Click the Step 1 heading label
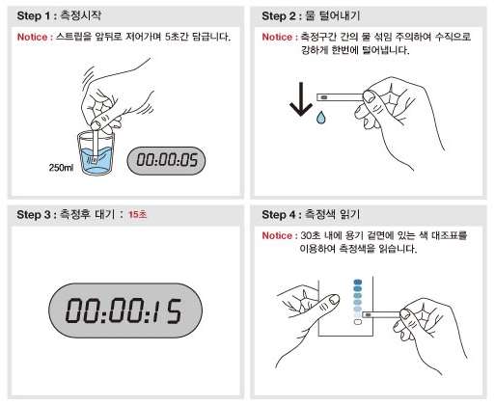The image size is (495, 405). click(x=59, y=15)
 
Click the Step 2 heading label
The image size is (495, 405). click(x=311, y=15)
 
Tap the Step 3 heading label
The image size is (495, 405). click(x=66, y=214)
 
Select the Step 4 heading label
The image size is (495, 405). click(x=311, y=214)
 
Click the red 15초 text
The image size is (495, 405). click(x=138, y=214)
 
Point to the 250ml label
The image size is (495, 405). click(x=61, y=168)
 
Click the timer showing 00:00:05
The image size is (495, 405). click(x=166, y=161)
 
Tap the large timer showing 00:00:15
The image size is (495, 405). click(x=125, y=310)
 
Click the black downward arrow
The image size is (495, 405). click(x=301, y=99)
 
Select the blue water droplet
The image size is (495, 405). click(x=320, y=118)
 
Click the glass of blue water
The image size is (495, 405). click(x=96, y=152)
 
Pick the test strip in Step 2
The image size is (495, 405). click(x=341, y=97)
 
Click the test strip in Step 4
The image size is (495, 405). click(x=382, y=314)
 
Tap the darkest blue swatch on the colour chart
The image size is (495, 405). click(x=358, y=283)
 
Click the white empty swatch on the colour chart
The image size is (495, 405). click(x=358, y=322)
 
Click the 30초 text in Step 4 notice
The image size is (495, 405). click(x=311, y=235)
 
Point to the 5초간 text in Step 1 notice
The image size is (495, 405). click(x=177, y=37)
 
